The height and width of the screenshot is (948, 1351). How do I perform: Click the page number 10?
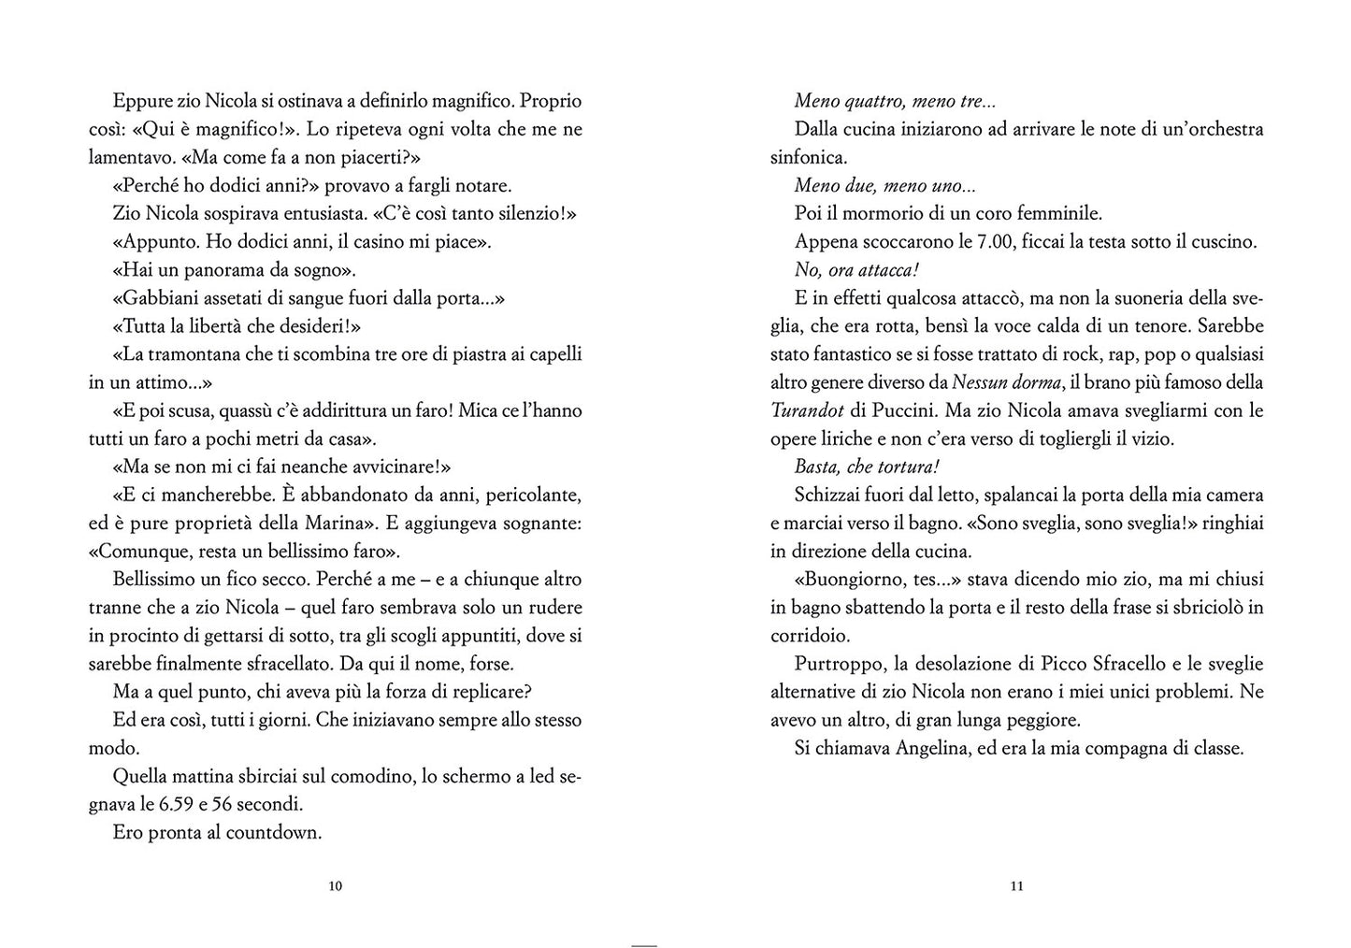337,886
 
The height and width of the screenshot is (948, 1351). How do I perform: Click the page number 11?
1017,886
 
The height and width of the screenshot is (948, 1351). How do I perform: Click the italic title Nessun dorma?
1014,382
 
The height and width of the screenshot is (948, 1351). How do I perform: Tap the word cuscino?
1219,241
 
